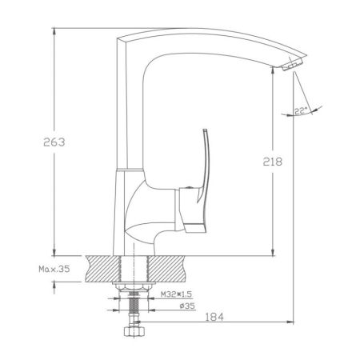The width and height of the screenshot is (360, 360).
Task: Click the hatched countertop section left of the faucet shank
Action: tap(102, 268)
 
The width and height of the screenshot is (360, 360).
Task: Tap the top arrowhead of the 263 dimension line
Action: tap(54, 30)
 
